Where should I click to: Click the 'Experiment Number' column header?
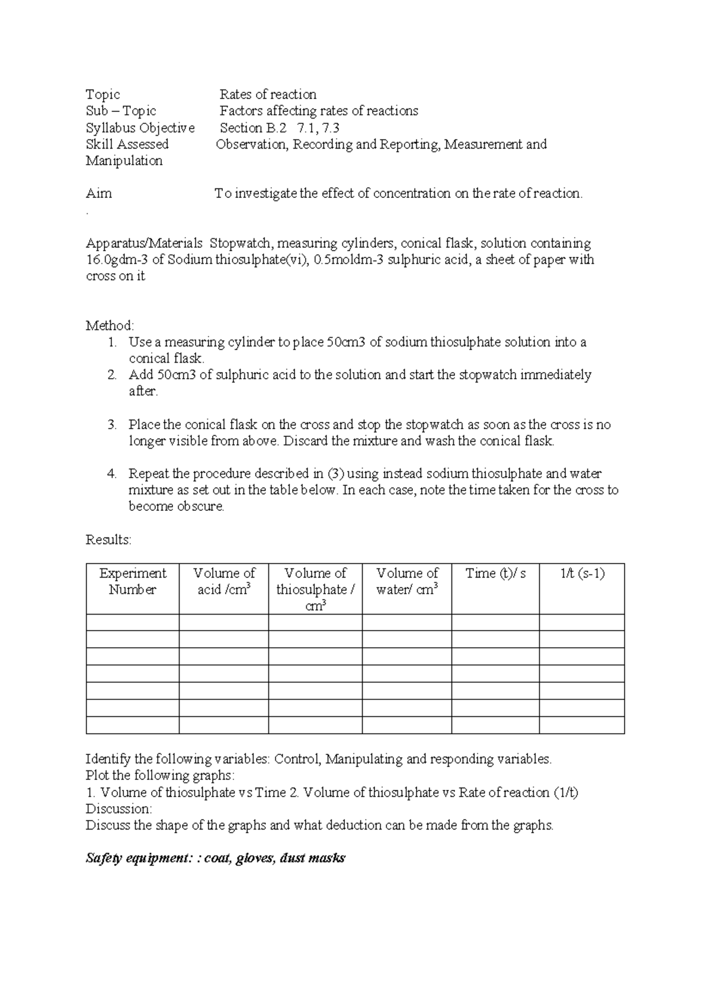click(133, 581)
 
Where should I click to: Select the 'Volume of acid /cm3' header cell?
click(224, 581)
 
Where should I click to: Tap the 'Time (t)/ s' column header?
click(495, 573)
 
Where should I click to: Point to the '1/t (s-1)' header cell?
click(582, 573)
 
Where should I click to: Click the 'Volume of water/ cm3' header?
click(407, 581)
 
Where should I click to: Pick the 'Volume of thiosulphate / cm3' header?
click(315, 589)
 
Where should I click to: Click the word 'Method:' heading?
click(110, 325)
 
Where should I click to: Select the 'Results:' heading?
click(108, 540)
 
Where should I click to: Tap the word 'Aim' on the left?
click(98, 193)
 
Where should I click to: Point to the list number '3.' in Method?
click(113, 425)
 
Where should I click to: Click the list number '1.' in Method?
click(113, 342)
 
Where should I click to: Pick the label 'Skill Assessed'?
click(127, 144)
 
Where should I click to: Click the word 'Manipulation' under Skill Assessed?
click(124, 161)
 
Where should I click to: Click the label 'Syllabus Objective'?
click(140, 127)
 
